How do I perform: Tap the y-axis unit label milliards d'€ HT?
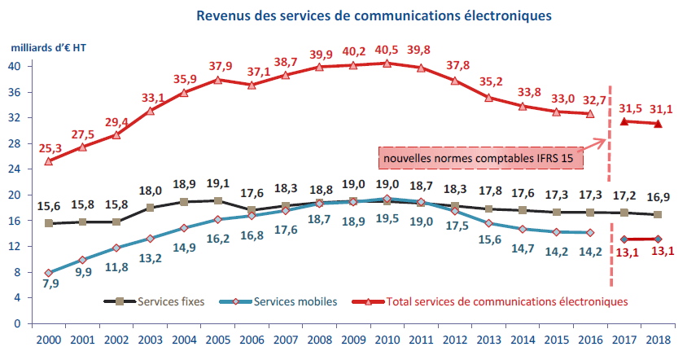(50, 48)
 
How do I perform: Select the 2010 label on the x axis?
(387, 339)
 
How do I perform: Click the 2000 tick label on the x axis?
(49, 339)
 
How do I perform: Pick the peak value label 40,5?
(387, 48)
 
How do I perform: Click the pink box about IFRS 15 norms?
(481, 158)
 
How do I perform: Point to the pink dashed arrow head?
(603, 141)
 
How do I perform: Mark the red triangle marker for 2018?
(658, 124)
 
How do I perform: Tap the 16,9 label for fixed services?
(659, 197)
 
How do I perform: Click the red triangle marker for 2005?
(217, 80)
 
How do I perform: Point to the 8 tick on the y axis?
(17, 272)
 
